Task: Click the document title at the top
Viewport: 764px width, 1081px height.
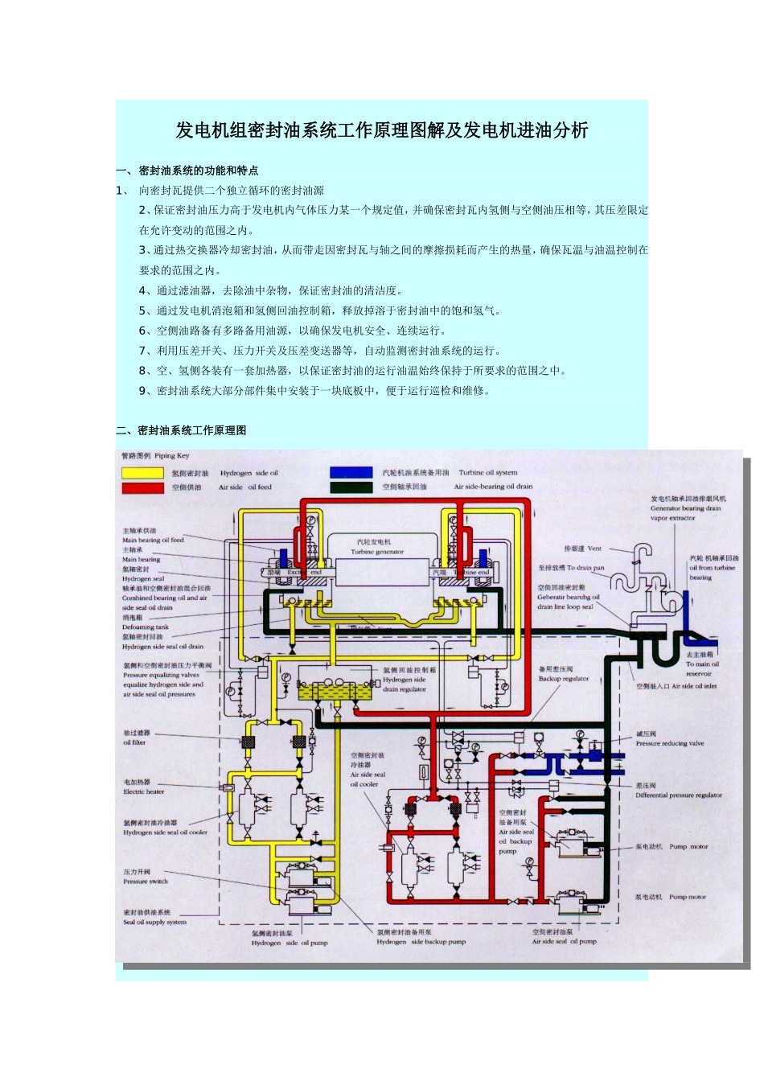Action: point(382,130)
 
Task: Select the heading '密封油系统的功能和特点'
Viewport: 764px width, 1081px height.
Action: point(198,171)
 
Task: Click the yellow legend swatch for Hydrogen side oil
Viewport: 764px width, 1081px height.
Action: point(142,473)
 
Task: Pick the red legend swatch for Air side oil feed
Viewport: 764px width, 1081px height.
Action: point(142,487)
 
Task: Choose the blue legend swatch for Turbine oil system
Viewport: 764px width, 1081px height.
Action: point(350,473)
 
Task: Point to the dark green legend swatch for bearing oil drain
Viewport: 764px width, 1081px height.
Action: point(350,487)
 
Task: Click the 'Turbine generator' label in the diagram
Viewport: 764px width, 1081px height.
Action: point(377,552)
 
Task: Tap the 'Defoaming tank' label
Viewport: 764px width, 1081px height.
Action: point(146,627)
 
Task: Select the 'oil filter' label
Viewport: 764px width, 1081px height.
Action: point(134,742)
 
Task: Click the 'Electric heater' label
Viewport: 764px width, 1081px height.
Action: point(144,791)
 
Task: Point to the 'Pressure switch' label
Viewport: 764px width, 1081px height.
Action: point(146,881)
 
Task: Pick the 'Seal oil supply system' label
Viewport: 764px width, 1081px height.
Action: point(154,922)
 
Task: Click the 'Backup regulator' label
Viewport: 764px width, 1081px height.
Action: point(564,678)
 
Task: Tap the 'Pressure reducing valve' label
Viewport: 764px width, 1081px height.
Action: point(669,743)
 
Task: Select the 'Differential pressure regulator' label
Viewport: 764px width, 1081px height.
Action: point(678,795)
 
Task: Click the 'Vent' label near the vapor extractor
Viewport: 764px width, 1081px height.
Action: point(594,549)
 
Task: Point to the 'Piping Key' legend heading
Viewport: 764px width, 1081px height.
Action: point(172,456)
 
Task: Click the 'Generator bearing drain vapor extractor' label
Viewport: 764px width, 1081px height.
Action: point(685,508)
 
